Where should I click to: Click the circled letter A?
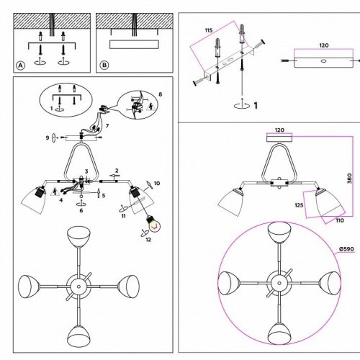click(x=21, y=65)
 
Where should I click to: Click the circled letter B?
click(x=104, y=65)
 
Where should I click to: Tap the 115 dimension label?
click(x=209, y=30)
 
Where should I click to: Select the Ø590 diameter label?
click(x=346, y=249)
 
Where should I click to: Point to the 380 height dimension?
click(x=349, y=179)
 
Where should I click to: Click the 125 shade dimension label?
click(x=299, y=205)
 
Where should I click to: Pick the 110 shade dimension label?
click(x=340, y=220)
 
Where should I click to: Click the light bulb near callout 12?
click(x=154, y=224)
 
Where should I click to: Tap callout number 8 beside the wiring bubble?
click(x=161, y=94)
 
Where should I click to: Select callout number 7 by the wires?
click(x=107, y=125)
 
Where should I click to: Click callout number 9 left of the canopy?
click(x=48, y=138)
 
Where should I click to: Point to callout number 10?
click(x=157, y=184)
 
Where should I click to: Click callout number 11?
click(x=123, y=216)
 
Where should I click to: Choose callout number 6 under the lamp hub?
click(x=81, y=210)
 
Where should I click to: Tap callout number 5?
click(x=104, y=195)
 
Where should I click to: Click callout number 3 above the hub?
click(x=86, y=171)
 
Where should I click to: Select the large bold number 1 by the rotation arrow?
click(x=256, y=106)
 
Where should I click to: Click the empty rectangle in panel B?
click(x=134, y=45)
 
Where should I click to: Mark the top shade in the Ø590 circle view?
click(x=279, y=232)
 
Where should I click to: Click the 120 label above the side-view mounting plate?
click(x=279, y=130)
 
